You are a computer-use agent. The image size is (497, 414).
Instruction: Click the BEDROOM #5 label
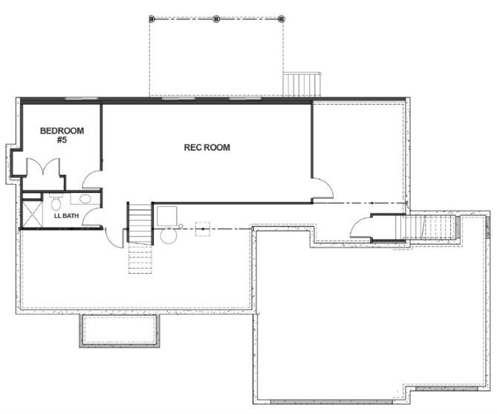[x=62, y=135]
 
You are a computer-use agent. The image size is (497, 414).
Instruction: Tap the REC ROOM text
[x=207, y=148]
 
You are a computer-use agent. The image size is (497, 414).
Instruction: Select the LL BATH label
[x=67, y=216]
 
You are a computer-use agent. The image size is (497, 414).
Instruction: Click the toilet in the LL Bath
[x=56, y=202]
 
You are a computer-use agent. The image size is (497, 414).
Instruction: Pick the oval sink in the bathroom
[x=85, y=199]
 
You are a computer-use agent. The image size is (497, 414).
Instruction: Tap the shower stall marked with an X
[x=32, y=214]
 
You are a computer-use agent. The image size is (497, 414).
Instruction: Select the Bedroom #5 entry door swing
[x=92, y=180]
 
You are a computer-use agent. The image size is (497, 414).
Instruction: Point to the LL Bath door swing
[x=92, y=217]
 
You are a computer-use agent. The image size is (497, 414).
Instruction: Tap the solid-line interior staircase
[x=140, y=223]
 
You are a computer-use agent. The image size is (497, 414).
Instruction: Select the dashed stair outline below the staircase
[x=140, y=260]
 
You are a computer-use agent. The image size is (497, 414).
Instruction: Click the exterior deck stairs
[x=302, y=84]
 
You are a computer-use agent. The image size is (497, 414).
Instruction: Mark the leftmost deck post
[x=152, y=19]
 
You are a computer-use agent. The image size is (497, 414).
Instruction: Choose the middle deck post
[x=216, y=19]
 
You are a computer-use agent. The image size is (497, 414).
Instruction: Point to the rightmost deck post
[x=281, y=19]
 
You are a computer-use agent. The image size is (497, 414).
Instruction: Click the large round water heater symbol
[x=168, y=236]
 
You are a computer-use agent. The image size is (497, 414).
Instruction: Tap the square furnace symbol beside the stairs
[x=167, y=217]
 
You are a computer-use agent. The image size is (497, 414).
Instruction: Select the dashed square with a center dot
[x=203, y=229]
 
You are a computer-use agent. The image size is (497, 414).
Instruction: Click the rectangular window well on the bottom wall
[x=120, y=331]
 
